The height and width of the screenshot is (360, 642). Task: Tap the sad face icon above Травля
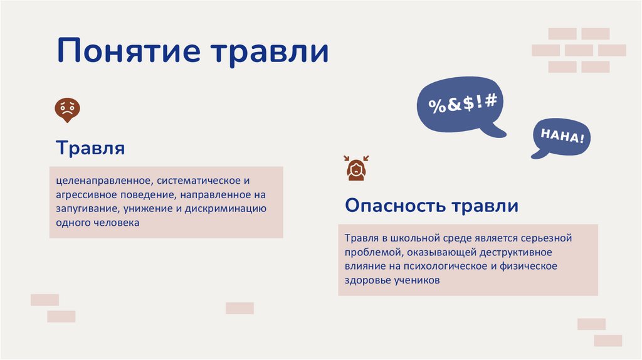pyautogui.click(x=68, y=109)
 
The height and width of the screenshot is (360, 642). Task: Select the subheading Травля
pyautogui.click(x=90, y=149)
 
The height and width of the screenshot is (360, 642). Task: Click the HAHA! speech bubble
pyautogui.click(x=562, y=137)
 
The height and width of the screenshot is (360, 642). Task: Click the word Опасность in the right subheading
pyautogui.click(x=396, y=206)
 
